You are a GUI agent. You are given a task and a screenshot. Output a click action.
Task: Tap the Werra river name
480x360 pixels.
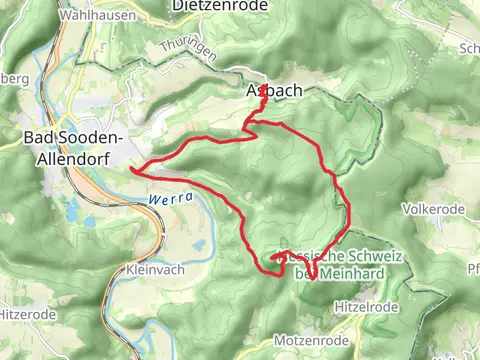tap(163, 200)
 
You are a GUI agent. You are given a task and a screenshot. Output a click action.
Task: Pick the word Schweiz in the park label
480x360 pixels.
tap(370, 257)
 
